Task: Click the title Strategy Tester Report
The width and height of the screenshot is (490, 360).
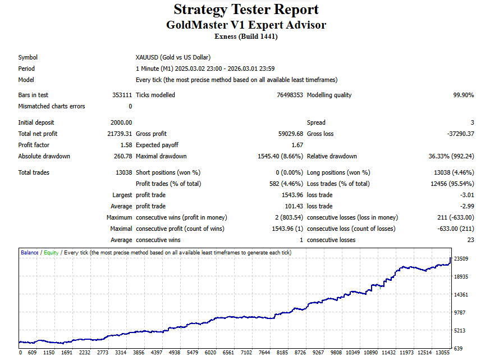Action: pyautogui.click(x=246, y=10)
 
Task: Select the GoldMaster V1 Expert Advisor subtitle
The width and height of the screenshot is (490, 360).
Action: pyautogui.click(x=246, y=25)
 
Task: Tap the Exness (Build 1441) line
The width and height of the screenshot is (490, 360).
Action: pyautogui.click(x=246, y=37)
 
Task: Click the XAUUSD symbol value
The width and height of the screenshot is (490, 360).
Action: pyautogui.click(x=173, y=57)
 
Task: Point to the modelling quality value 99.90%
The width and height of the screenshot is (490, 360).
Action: pyautogui.click(x=463, y=95)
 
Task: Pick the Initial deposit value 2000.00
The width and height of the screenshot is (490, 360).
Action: pyautogui.click(x=121, y=122)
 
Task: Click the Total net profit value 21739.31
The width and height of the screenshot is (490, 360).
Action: pyautogui.click(x=120, y=134)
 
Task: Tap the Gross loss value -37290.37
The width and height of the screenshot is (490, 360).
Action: pyautogui.click(x=459, y=134)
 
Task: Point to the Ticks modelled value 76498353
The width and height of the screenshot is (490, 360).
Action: pyautogui.click(x=290, y=95)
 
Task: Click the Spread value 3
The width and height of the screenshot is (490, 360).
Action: pyautogui.click(x=472, y=122)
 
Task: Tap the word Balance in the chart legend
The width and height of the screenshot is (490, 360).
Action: pyautogui.click(x=30, y=253)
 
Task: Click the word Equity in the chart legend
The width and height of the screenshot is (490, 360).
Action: pyautogui.click(x=51, y=253)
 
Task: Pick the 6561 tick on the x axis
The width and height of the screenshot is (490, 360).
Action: pyautogui.click(x=228, y=353)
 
